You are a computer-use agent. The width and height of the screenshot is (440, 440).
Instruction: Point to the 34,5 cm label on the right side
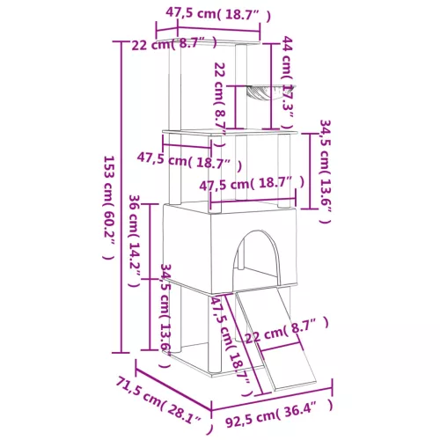(322, 172)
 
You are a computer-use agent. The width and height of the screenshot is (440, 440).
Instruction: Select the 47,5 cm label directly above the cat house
(253, 185)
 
